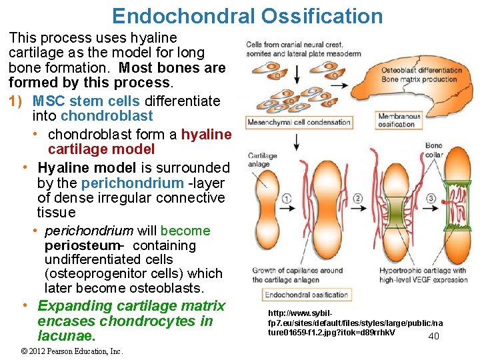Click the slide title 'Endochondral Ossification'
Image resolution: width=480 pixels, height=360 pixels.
pos(247,16)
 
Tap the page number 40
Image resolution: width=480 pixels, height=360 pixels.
pos(433,336)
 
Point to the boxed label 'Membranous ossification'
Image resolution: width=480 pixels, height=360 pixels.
pos(399,121)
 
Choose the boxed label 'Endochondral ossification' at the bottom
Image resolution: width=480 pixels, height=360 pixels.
pos(307,295)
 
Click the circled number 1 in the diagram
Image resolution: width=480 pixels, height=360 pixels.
pos(287,198)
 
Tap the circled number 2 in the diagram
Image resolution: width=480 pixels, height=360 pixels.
pos(358,198)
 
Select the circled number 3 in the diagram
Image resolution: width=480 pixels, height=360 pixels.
pos(431,198)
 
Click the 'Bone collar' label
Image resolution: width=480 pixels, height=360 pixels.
pos(433,149)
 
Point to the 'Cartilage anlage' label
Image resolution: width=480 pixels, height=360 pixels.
pos(259,161)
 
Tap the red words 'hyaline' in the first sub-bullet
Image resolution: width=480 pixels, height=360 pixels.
pos(206,135)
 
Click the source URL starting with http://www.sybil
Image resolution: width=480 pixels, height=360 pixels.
pos(355,322)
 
